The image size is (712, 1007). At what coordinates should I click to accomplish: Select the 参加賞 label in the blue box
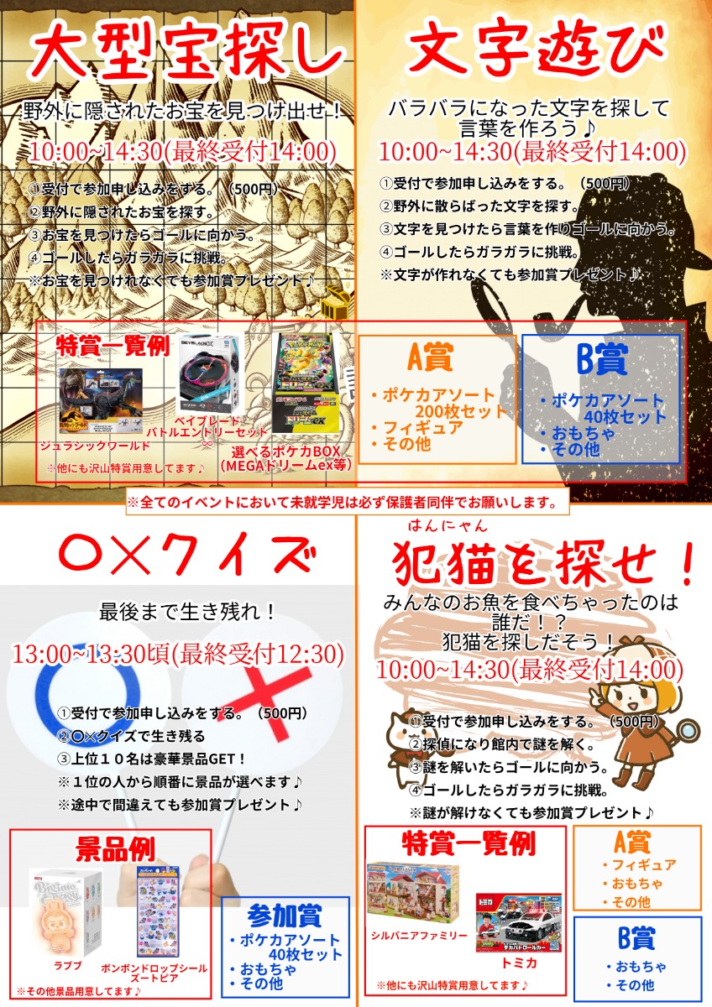click(x=285, y=915)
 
